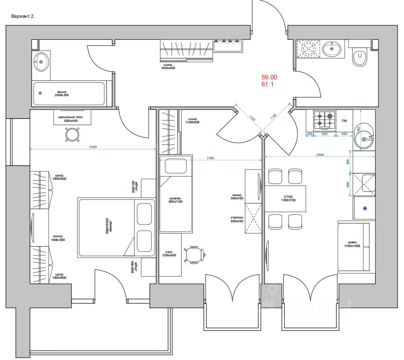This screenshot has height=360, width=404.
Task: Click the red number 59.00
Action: click(x=269, y=77)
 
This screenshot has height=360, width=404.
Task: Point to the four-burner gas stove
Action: click(x=324, y=120)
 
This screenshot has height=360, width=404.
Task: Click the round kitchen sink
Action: click(x=364, y=138)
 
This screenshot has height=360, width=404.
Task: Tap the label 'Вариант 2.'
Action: click(x=23, y=16)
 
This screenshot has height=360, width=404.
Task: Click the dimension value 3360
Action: click(x=92, y=147)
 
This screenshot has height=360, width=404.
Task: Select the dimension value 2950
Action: click(x=320, y=154)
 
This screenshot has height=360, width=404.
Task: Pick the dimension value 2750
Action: click(x=210, y=158)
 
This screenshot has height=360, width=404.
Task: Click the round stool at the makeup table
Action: click(x=72, y=135)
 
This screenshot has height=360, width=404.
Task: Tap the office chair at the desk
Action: click(x=195, y=255)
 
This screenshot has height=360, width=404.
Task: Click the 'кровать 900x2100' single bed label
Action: click(x=176, y=200)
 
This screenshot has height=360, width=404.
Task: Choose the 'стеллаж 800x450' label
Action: click(x=237, y=219)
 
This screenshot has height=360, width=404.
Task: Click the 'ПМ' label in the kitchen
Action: click(x=344, y=120)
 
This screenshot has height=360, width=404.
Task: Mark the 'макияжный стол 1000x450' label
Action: click(x=71, y=119)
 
